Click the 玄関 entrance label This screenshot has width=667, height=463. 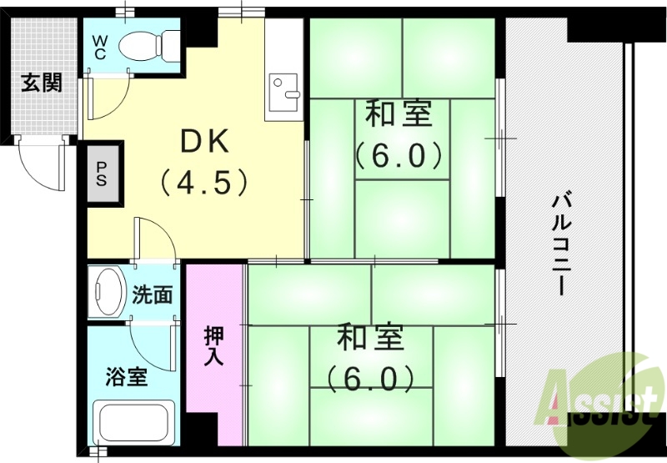(42, 83)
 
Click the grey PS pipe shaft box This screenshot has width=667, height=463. (102, 175)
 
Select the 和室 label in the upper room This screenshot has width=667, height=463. (399, 114)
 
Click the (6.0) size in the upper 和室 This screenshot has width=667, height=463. (398, 154)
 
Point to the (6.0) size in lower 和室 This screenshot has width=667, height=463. (370, 380)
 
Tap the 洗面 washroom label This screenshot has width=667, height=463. (153, 294)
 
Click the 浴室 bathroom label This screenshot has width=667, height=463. (127, 377)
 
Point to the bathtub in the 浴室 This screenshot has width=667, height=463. (134, 426)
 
